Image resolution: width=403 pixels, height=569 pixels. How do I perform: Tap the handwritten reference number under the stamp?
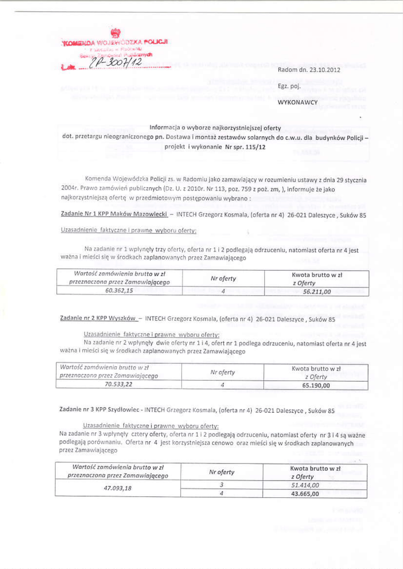tap(112, 66)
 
